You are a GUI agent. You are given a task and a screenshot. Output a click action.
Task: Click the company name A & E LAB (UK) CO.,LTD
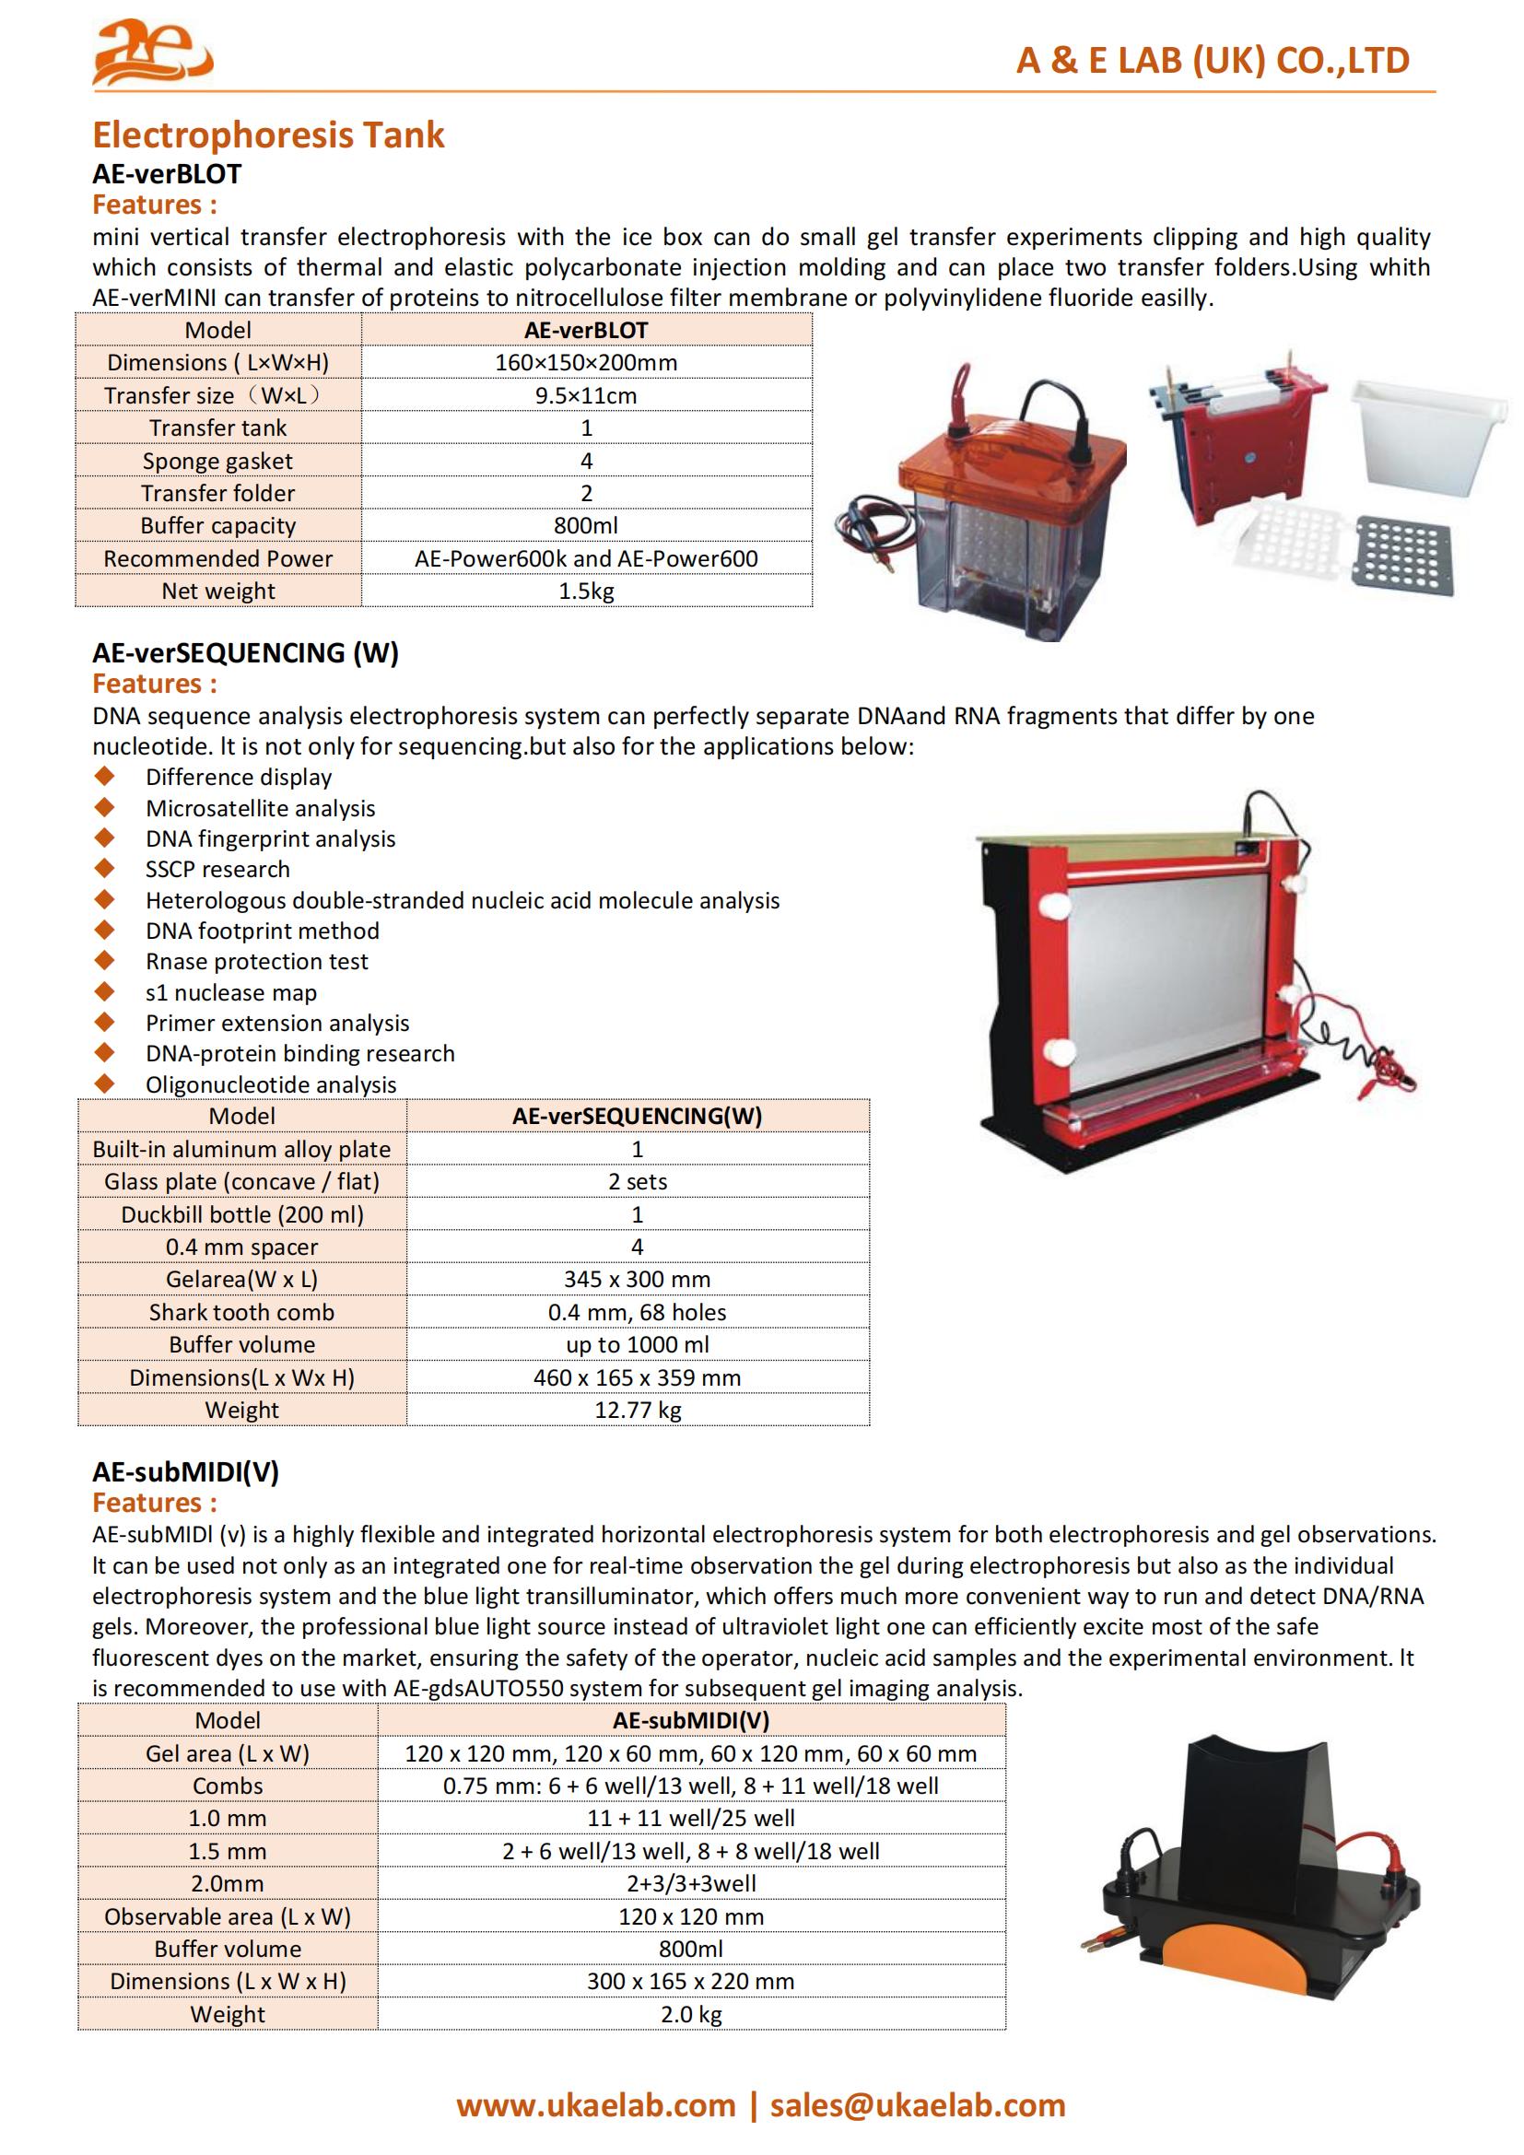[1212, 60]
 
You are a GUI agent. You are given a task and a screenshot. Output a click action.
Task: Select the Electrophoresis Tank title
[267, 135]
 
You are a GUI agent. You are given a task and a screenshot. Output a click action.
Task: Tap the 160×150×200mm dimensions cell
[586, 362]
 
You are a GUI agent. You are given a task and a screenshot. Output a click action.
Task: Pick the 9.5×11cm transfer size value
[586, 395]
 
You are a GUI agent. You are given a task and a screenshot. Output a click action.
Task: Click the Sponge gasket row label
[217, 461]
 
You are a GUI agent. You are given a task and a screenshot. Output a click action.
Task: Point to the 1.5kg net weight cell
[586, 591]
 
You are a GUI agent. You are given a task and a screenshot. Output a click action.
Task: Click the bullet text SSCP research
[217, 869]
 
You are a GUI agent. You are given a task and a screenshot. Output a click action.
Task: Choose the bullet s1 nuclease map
[231, 992]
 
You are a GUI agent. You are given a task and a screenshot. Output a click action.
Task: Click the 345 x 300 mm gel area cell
[638, 1280]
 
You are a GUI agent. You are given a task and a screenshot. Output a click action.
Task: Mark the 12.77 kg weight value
[638, 1410]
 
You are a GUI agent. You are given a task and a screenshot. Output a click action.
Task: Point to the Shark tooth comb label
[241, 1312]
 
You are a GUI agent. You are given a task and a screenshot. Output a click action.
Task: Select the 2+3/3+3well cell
[691, 1883]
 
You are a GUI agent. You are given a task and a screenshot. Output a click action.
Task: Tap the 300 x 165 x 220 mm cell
[691, 1981]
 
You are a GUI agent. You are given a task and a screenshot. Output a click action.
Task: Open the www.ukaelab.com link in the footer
[596, 2105]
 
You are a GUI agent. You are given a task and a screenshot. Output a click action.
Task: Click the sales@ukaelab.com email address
[917, 2105]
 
